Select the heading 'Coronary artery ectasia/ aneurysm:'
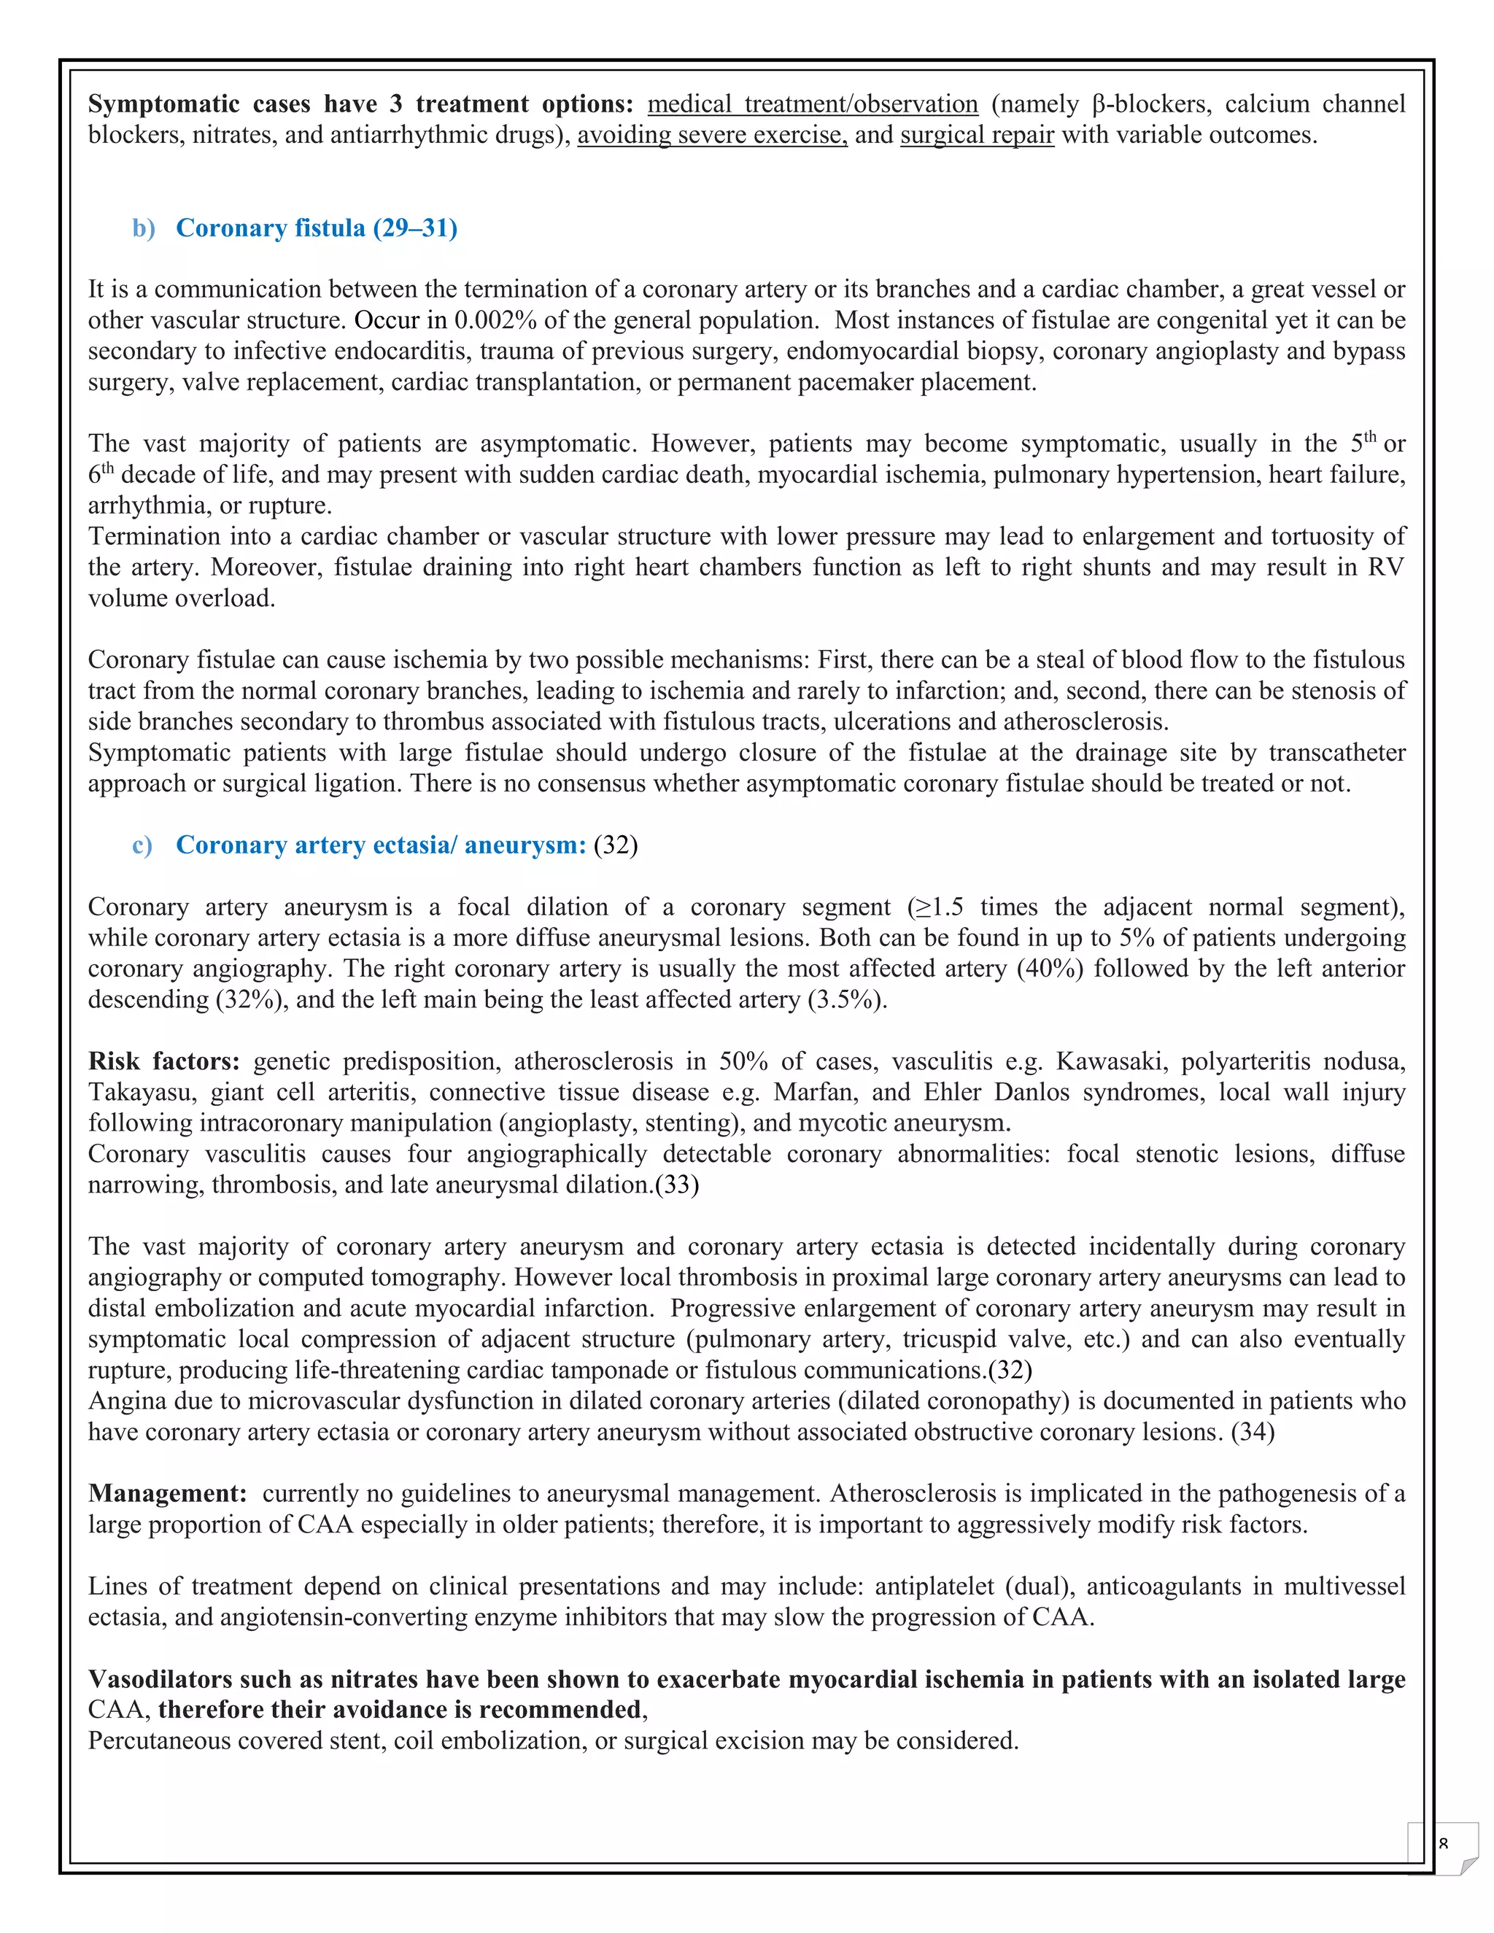pos(381,845)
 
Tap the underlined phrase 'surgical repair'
pos(976,136)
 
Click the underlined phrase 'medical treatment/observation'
pos(812,104)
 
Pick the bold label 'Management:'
pos(167,1494)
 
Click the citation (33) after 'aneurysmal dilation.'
pos(676,1185)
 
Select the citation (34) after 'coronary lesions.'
pos(1253,1432)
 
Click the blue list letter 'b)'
pos(144,228)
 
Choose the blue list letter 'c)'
pos(142,845)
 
